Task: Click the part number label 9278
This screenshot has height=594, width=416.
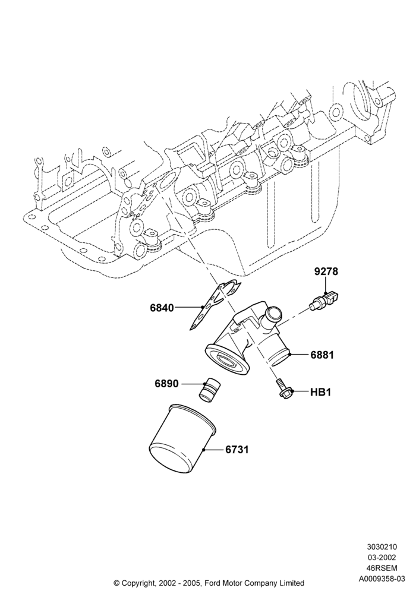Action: click(326, 271)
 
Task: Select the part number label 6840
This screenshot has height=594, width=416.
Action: click(162, 308)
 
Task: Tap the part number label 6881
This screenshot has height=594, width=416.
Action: click(322, 355)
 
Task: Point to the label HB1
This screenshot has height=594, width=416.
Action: click(321, 392)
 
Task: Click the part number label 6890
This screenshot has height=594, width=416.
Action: click(166, 384)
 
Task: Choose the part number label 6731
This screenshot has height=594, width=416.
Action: click(237, 450)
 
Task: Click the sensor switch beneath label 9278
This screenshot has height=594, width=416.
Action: click(324, 300)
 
